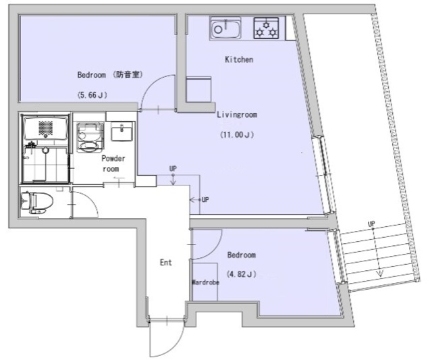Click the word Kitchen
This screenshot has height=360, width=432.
click(x=238, y=60)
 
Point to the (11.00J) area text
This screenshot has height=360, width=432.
click(x=236, y=134)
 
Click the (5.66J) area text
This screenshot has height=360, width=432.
click(x=92, y=95)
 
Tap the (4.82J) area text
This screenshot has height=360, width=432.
click(x=241, y=274)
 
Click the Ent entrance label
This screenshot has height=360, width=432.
click(x=165, y=262)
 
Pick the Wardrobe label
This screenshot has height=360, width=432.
click(x=205, y=282)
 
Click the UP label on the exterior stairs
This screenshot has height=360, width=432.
click(x=371, y=224)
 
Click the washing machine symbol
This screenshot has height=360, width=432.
click(x=88, y=138)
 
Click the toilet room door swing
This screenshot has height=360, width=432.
click(x=82, y=204)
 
